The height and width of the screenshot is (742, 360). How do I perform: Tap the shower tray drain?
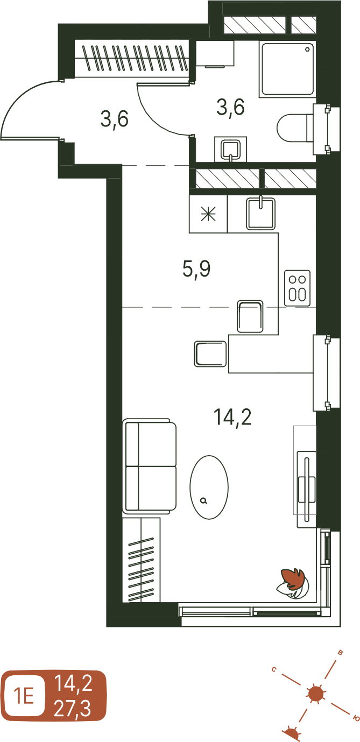[308, 50]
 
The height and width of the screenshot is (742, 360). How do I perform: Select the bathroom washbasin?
[230, 149]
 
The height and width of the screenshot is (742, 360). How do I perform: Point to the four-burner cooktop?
[298, 288]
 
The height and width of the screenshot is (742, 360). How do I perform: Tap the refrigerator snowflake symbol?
[209, 214]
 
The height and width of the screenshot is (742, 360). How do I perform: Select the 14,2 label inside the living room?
[232, 416]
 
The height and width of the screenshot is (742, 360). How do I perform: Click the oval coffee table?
[209, 487]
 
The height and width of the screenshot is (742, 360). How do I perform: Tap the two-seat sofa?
[149, 466]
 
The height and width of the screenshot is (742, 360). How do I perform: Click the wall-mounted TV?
[307, 486]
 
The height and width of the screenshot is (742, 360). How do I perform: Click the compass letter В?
[340, 653]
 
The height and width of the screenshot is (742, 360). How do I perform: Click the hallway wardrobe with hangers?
[132, 58]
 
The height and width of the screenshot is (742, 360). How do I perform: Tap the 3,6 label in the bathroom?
[230, 107]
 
